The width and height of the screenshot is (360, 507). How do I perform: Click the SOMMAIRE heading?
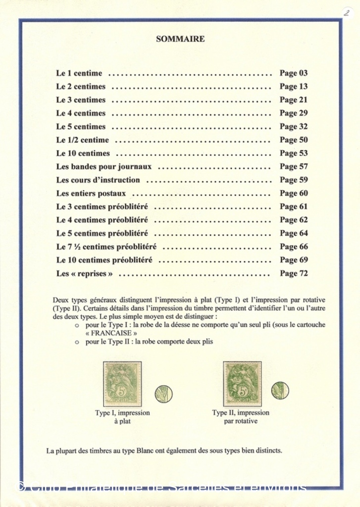(180, 39)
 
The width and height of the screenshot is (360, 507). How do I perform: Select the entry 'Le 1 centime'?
(79, 73)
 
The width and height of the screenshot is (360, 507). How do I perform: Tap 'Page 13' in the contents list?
(294, 87)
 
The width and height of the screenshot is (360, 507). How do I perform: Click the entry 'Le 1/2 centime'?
(82, 140)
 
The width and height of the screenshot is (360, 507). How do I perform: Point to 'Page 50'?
(294, 140)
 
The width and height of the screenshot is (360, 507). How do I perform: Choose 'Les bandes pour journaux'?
(104, 167)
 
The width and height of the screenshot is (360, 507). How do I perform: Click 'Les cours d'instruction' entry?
(98, 180)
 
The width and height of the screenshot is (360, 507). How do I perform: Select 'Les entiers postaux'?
(91, 194)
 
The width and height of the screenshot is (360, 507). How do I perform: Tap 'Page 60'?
(294, 194)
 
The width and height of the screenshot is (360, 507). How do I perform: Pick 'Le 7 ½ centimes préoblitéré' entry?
(106, 247)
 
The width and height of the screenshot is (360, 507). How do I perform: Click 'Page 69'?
(294, 260)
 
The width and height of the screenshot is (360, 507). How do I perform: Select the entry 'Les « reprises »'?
(85, 273)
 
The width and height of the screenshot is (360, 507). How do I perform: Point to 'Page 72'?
(294, 273)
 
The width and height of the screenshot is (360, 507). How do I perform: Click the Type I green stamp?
(122, 384)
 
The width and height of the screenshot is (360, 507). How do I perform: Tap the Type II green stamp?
(242, 384)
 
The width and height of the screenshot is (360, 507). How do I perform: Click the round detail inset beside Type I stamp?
(163, 394)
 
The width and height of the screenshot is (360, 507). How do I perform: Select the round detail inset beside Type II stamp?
(280, 390)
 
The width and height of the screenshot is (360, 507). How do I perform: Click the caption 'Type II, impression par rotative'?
(241, 417)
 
